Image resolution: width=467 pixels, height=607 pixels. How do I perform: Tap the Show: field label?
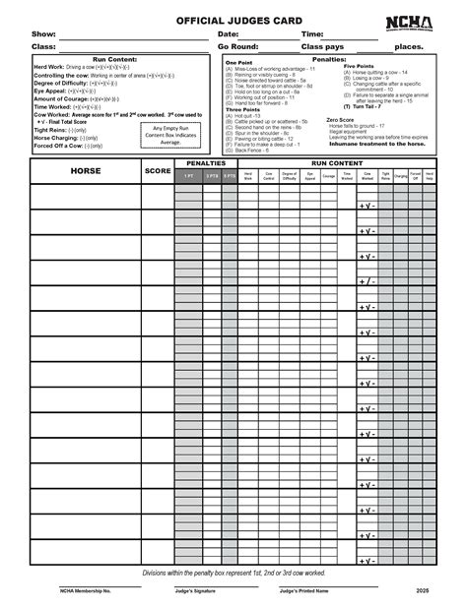tap(43, 34)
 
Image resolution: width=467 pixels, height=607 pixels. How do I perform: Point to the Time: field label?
tap(313, 34)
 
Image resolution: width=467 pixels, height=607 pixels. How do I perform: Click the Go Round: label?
tap(239, 46)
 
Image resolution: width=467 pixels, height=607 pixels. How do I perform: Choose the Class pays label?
tap(322, 46)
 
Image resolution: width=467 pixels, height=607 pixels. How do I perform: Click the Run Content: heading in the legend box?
tap(113, 59)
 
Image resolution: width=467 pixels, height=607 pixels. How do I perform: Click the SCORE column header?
tap(158, 171)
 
